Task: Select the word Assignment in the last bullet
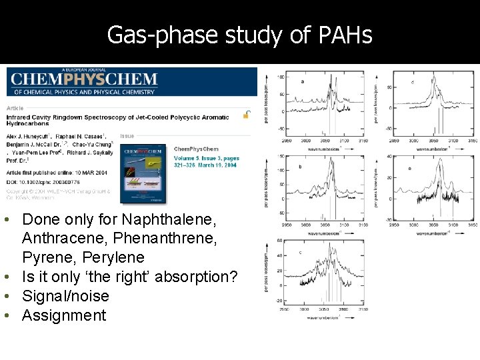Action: click(64, 315)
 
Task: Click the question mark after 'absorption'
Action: click(233, 277)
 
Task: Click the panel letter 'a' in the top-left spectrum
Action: click(303, 82)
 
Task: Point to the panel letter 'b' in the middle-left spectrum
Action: click(300, 166)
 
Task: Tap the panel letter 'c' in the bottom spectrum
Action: click(301, 252)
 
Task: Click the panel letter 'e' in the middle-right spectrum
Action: click(409, 169)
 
